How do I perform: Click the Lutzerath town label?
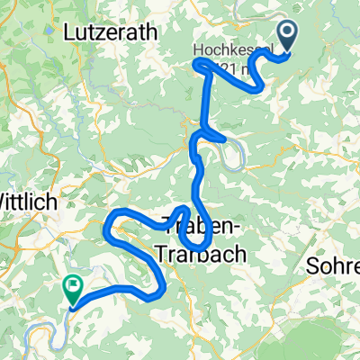(111, 31)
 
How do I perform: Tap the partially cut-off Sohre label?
(332, 266)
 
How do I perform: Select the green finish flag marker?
(72, 289)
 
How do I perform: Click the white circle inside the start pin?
(289, 34)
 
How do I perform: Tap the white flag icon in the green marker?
(72, 285)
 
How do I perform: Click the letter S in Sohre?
(311, 266)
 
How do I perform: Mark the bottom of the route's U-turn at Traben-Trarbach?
(196, 247)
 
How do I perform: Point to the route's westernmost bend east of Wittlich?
(107, 231)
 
